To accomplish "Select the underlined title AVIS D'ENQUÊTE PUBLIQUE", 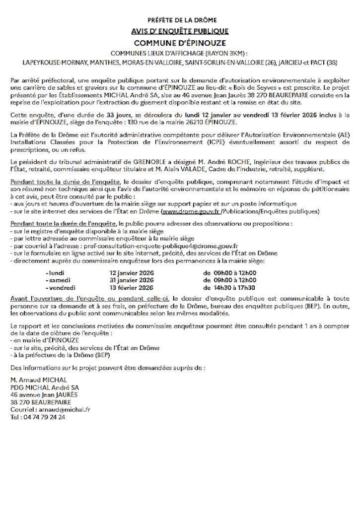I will [x=180, y=32].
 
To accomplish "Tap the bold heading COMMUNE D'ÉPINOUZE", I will [x=180, y=43].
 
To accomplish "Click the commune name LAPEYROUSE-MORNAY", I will [x=54, y=63].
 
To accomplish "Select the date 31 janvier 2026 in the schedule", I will [x=131, y=280].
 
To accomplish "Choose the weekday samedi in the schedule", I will [x=58, y=280].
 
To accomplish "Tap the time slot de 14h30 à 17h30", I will [x=229, y=288].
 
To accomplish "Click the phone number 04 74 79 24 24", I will [x=44, y=418].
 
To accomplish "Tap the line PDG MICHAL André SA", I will [x=43, y=387].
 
